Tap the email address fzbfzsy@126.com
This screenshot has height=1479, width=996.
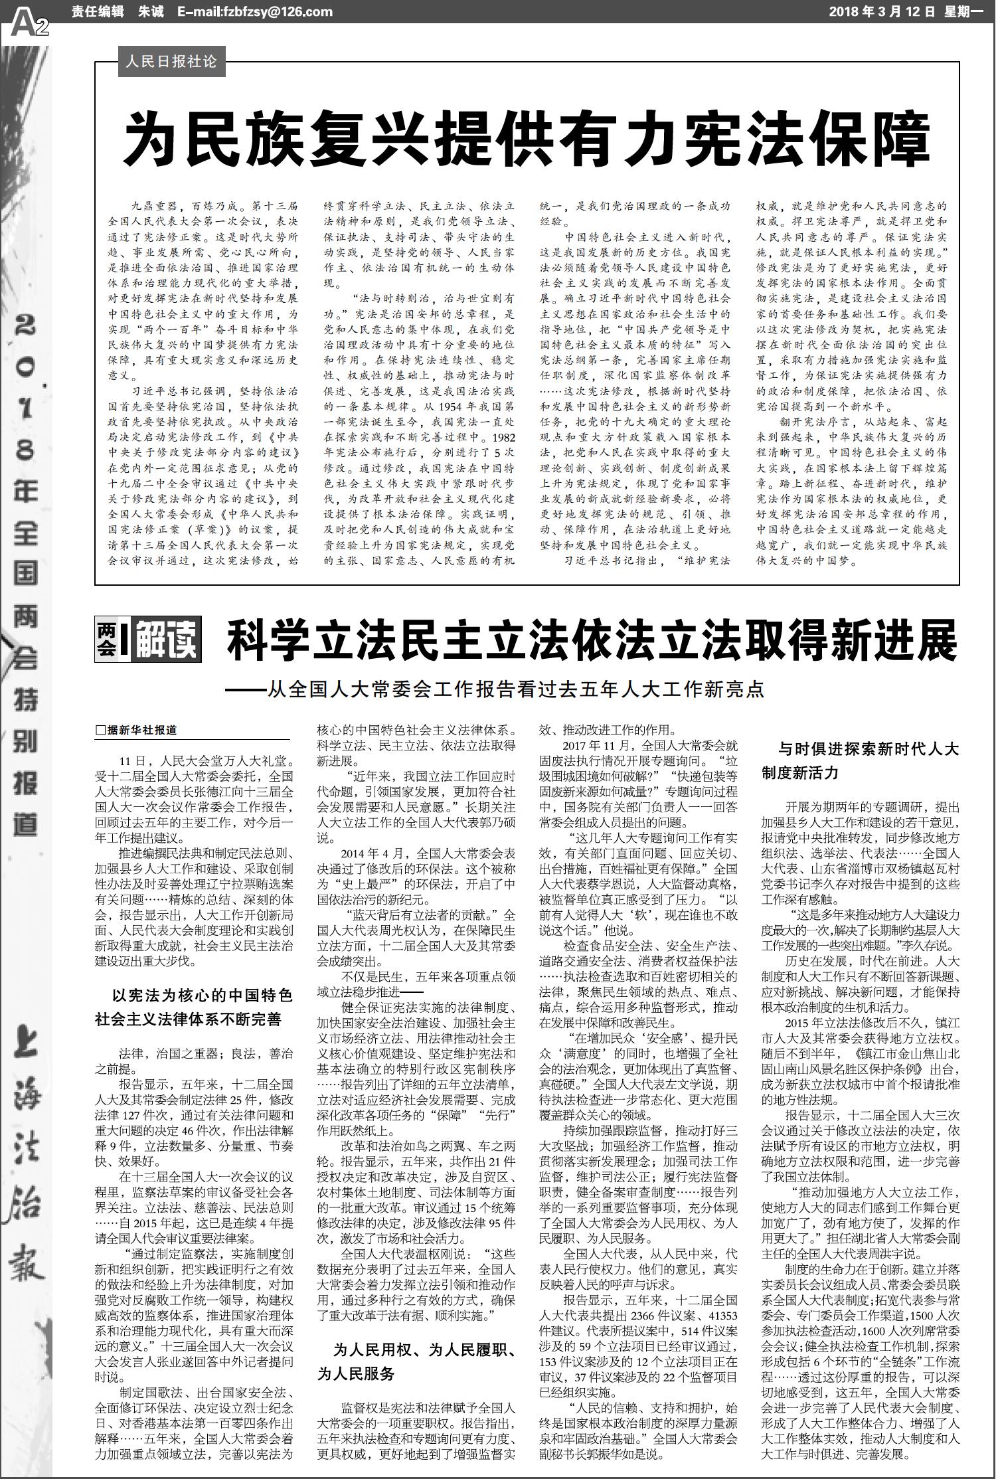pos(255,12)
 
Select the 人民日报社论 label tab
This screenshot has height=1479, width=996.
pos(171,62)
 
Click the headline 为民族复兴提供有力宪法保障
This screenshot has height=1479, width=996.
pos(527,139)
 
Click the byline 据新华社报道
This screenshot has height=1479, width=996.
pos(137,730)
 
